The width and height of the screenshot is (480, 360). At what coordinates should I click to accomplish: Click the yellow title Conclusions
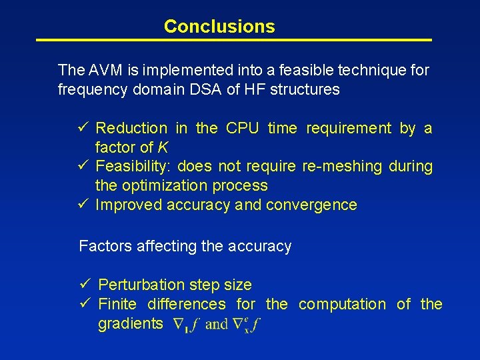pyautogui.click(x=219, y=27)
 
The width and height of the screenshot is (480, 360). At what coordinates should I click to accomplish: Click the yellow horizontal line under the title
pyautogui.click(x=233, y=41)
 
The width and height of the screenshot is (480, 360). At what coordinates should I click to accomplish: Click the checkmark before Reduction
pyautogui.click(x=83, y=128)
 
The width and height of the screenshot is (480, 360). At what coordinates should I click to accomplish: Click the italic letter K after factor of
pyautogui.click(x=163, y=147)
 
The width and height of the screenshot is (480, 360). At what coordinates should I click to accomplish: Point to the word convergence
pyautogui.click(x=311, y=205)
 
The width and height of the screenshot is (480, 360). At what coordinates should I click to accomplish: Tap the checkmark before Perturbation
pyautogui.click(x=85, y=285)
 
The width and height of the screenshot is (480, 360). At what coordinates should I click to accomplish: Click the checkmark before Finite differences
pyautogui.click(x=85, y=304)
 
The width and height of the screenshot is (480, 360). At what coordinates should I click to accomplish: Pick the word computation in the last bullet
pyautogui.click(x=342, y=304)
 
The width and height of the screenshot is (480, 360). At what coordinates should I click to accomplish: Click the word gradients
pyautogui.click(x=130, y=324)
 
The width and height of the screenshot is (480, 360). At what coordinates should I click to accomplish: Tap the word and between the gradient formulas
pyautogui.click(x=217, y=325)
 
